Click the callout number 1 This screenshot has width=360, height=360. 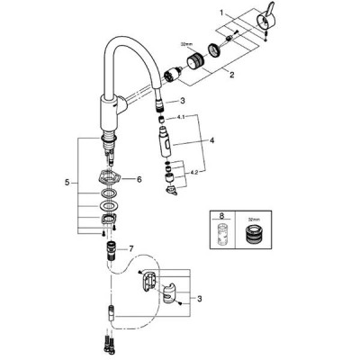(x=221, y=13)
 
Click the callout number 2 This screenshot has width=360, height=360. (x=231, y=75)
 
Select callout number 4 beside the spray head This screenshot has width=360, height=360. (x=212, y=140)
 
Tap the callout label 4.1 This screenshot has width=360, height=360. (x=181, y=118)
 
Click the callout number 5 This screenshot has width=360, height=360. (x=67, y=182)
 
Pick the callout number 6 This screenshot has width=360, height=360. (x=139, y=179)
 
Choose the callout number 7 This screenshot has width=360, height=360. (x=130, y=248)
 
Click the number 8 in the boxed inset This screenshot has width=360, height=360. (x=221, y=216)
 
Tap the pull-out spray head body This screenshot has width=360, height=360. (x=166, y=141)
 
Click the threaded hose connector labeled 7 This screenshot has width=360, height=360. (x=112, y=249)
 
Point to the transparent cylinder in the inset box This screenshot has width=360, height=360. (x=221, y=234)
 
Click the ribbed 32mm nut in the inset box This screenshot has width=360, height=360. (x=253, y=234)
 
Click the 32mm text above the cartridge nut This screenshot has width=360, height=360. (x=184, y=44)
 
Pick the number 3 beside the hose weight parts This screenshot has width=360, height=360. (x=200, y=299)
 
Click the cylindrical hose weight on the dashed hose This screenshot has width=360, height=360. (x=112, y=314)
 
